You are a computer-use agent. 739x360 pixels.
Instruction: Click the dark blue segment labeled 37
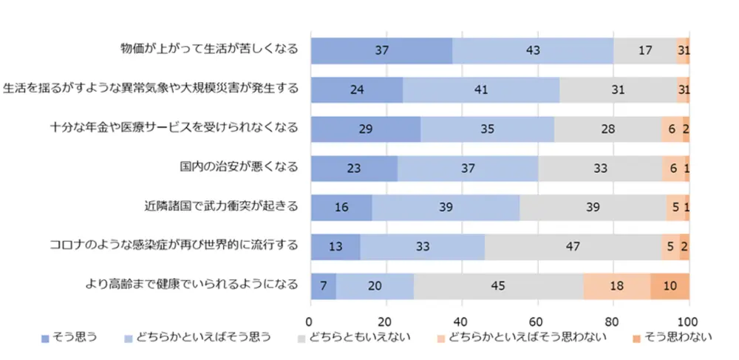coord(381,50)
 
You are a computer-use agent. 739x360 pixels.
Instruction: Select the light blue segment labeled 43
coord(532,50)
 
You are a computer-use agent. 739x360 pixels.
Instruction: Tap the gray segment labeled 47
coord(572,246)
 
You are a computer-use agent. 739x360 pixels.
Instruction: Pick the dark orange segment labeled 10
coord(670,285)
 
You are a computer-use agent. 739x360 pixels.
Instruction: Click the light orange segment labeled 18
coord(616,285)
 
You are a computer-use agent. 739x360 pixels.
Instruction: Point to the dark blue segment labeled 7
coord(323,285)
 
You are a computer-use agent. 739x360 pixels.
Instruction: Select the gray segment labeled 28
coord(607,129)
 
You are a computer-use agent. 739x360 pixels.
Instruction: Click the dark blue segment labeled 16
coord(341,207)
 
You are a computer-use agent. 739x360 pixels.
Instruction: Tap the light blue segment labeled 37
coord(467,168)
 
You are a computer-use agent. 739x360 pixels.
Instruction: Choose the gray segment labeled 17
coord(644,50)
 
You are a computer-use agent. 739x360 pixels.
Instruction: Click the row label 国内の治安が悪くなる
coord(239,166)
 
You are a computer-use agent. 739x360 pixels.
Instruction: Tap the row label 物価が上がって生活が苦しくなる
coord(209,49)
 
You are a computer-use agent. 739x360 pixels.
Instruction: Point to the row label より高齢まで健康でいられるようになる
coord(190,284)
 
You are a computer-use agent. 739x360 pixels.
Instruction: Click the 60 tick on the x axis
coord(537,322)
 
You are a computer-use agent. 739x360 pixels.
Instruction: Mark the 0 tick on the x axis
coord(310,322)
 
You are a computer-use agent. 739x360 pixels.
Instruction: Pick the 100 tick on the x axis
coord(688,322)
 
